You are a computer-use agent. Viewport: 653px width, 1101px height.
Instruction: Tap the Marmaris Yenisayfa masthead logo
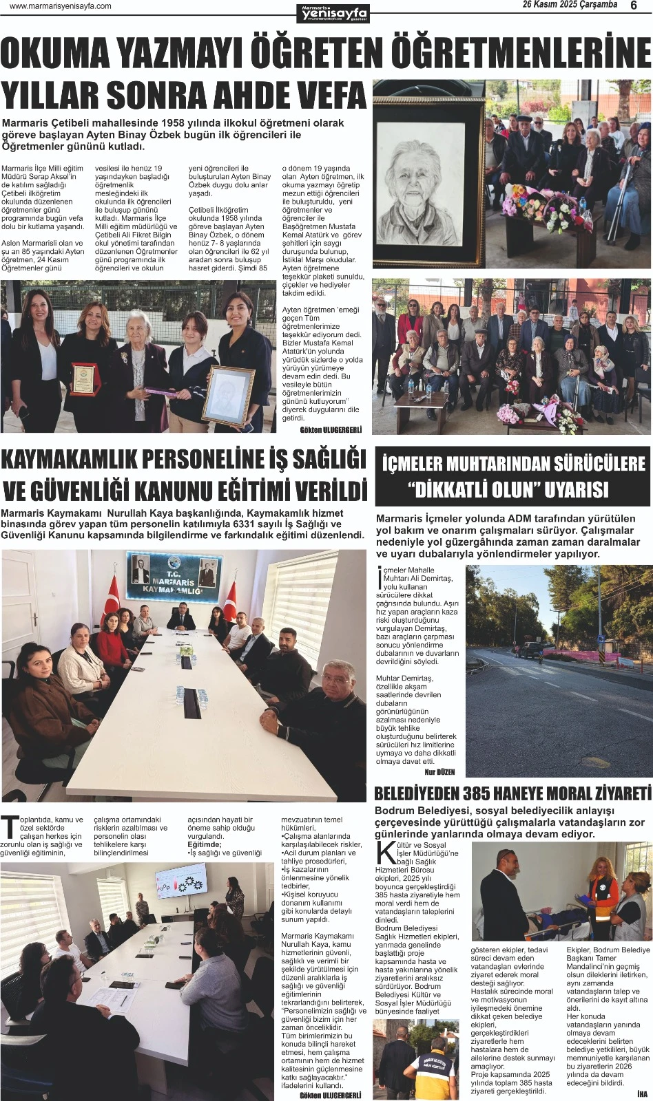333,12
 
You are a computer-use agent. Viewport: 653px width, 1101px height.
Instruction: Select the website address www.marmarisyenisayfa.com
61,6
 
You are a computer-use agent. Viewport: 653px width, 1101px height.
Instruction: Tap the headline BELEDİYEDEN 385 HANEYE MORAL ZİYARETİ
512,791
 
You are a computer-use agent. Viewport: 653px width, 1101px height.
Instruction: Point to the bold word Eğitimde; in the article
205,844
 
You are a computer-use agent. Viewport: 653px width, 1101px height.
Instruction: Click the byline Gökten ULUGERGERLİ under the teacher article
331,430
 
